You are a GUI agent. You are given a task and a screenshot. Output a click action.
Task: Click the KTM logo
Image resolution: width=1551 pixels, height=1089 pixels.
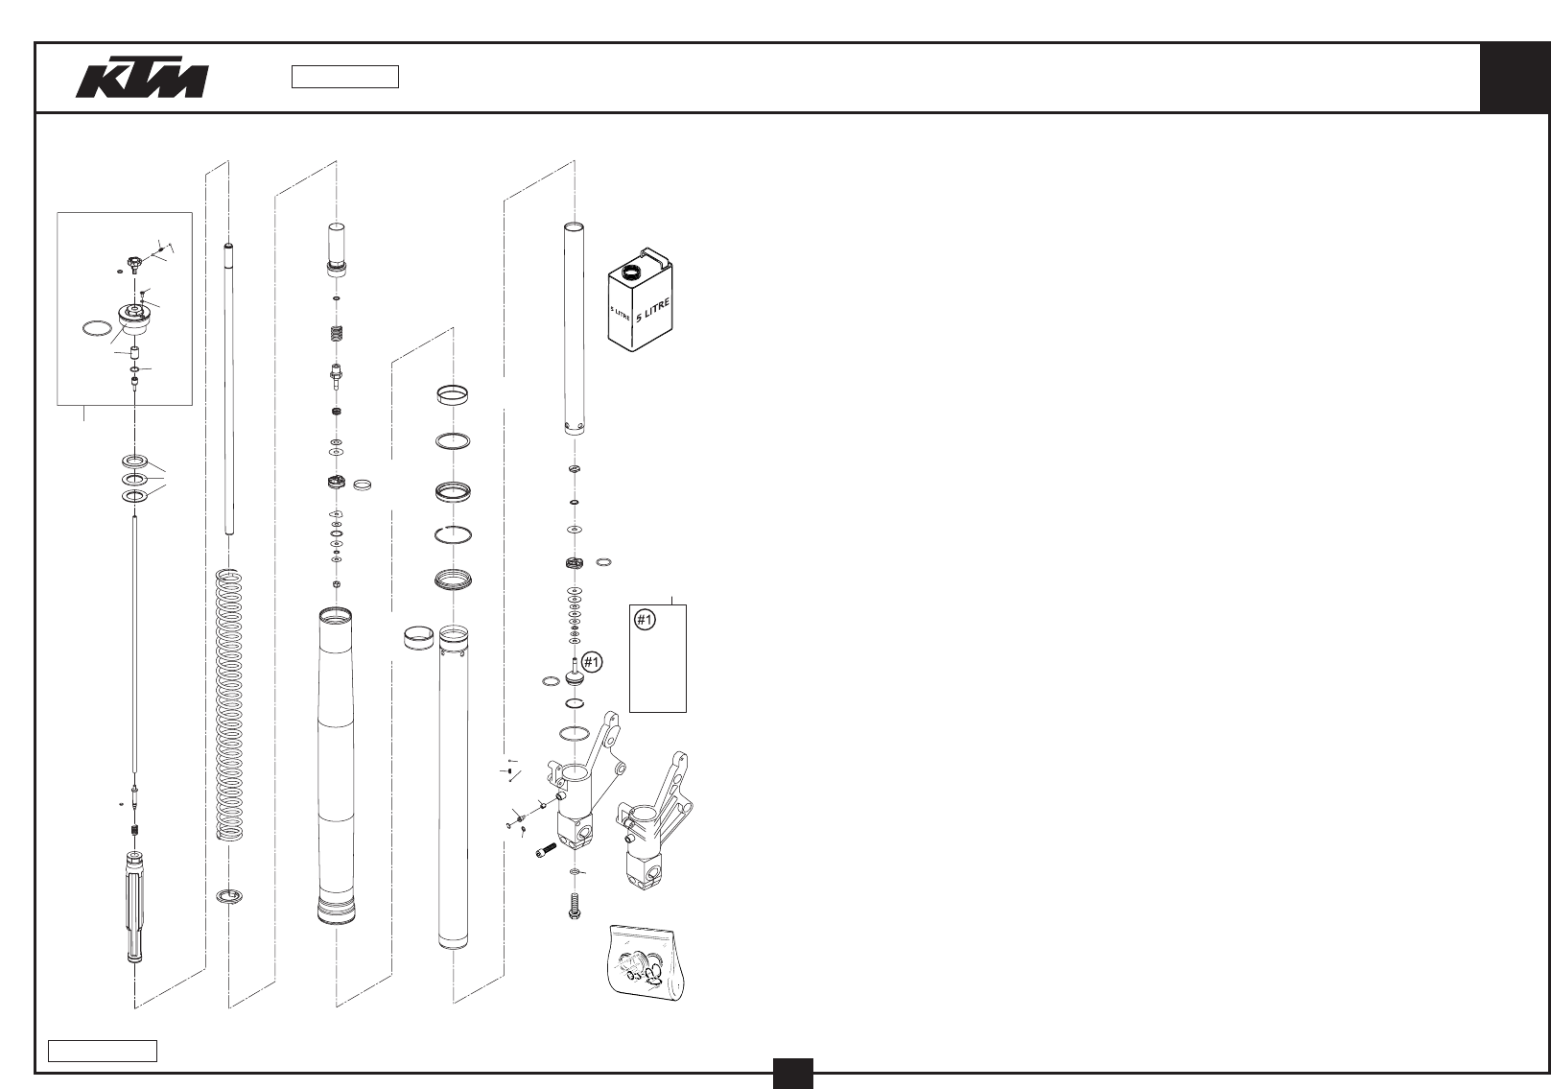pyautogui.click(x=142, y=82)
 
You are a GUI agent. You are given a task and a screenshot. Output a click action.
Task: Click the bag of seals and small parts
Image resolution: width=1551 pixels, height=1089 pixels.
pyautogui.click(x=649, y=963)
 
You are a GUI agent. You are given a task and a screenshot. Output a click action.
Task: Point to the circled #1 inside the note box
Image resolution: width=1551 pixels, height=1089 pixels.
pyautogui.click(x=646, y=621)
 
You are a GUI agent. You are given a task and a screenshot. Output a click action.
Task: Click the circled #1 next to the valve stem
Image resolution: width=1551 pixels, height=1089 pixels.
pyautogui.click(x=593, y=661)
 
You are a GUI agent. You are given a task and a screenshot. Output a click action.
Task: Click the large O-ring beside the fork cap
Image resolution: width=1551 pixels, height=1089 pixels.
pyautogui.click(x=94, y=329)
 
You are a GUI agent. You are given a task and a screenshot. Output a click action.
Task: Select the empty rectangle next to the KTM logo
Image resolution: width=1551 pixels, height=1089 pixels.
pyautogui.click(x=345, y=77)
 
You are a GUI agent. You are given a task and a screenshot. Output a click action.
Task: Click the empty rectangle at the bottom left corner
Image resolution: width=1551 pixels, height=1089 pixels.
pyautogui.click(x=104, y=1050)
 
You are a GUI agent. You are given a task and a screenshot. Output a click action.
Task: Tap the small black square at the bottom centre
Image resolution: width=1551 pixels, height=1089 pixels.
pyautogui.click(x=794, y=1072)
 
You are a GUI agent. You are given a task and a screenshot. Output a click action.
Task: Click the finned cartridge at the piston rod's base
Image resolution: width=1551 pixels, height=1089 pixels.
pyautogui.click(x=135, y=908)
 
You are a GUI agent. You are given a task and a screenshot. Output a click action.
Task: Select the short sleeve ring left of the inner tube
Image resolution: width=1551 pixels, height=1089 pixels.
pyautogui.click(x=417, y=638)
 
